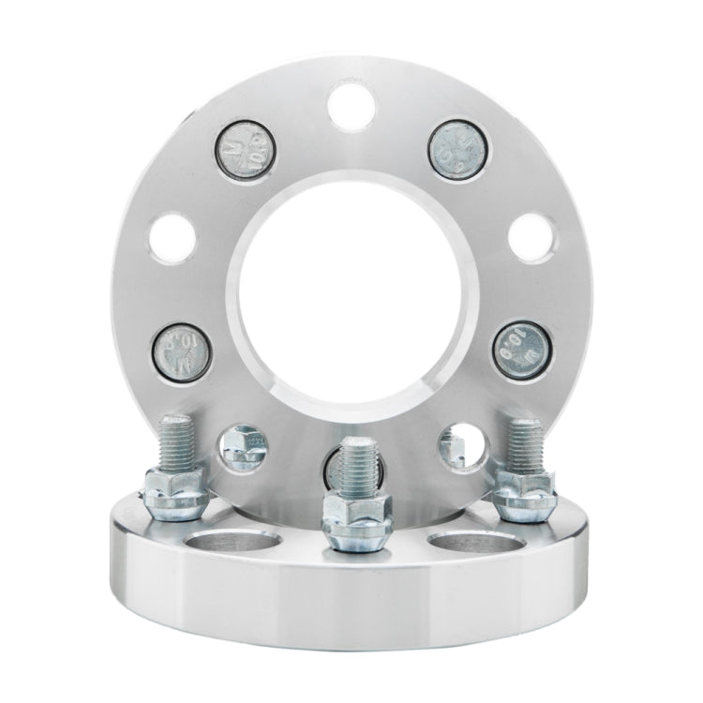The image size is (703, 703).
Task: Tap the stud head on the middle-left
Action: [x=184, y=349]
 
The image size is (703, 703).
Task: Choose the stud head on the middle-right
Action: [x=519, y=349]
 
